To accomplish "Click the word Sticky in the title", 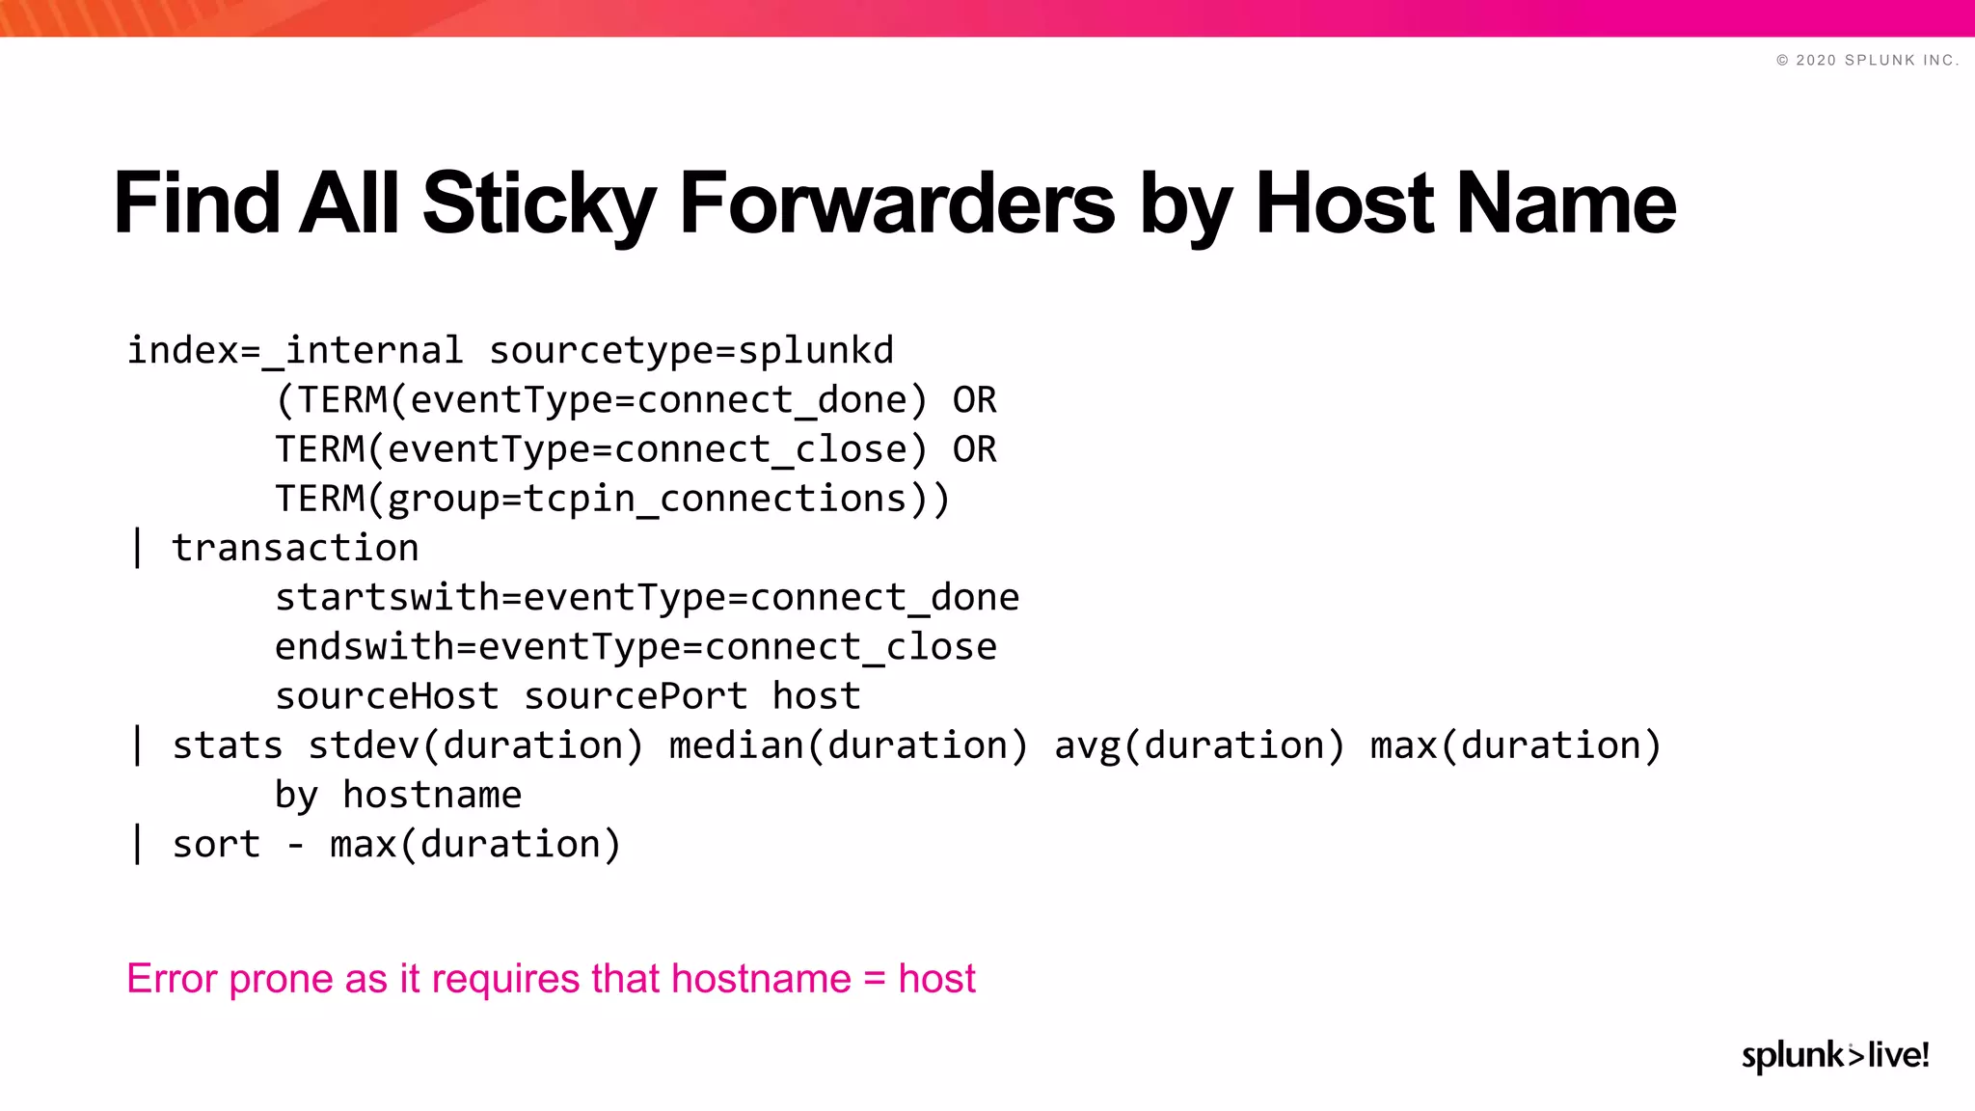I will tap(538, 203).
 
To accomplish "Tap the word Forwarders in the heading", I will tap(897, 203).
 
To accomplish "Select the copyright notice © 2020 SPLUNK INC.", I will tap(1867, 60).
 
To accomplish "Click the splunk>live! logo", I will tap(1834, 1055).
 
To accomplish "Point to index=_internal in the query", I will tap(295, 351).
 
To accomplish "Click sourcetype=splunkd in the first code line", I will tap(691, 351).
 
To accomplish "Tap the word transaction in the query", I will tap(295, 549).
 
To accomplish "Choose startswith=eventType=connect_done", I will tap(647, 598).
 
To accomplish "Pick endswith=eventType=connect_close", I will tap(636, 647).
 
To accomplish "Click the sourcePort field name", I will tap(636, 696).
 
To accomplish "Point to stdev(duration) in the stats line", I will tap(475, 745).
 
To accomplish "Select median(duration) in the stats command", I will tap(849, 745).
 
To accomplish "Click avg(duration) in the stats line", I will tap(1199, 745).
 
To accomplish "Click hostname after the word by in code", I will tap(432, 796).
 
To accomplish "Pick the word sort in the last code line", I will tap(216, 845).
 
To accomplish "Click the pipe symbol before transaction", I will tap(138, 549).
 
